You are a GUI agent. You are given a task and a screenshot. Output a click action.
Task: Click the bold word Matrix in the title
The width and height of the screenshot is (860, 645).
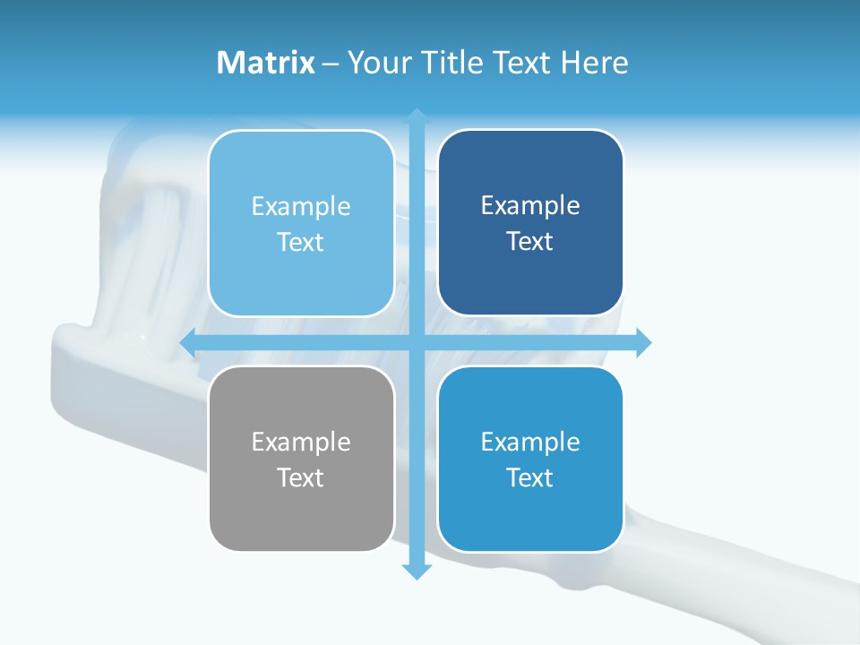tap(265, 63)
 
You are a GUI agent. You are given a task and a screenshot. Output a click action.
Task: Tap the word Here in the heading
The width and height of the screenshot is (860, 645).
tap(594, 63)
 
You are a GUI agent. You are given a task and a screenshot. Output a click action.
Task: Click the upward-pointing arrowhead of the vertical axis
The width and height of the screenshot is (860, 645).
tap(417, 116)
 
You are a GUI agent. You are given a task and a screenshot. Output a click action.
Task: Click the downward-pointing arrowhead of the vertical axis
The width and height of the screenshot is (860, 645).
tap(417, 572)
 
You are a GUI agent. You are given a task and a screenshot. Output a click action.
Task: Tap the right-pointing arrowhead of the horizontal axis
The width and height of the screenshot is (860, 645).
tap(643, 342)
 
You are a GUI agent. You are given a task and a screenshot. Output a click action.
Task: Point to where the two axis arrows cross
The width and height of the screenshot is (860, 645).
tap(417, 342)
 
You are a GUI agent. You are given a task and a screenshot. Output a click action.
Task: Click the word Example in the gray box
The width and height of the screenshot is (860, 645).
tap(301, 443)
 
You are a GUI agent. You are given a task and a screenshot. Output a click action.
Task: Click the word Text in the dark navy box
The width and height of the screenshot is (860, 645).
tap(530, 241)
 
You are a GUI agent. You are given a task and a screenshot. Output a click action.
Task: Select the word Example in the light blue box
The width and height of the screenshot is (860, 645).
tap(301, 207)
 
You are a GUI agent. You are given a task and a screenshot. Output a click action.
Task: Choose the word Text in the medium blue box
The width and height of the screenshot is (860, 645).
tap(530, 477)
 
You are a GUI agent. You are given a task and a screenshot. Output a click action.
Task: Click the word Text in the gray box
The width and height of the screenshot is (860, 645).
tap(301, 477)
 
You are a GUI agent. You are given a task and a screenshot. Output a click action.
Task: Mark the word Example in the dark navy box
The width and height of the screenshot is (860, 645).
tap(530, 206)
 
